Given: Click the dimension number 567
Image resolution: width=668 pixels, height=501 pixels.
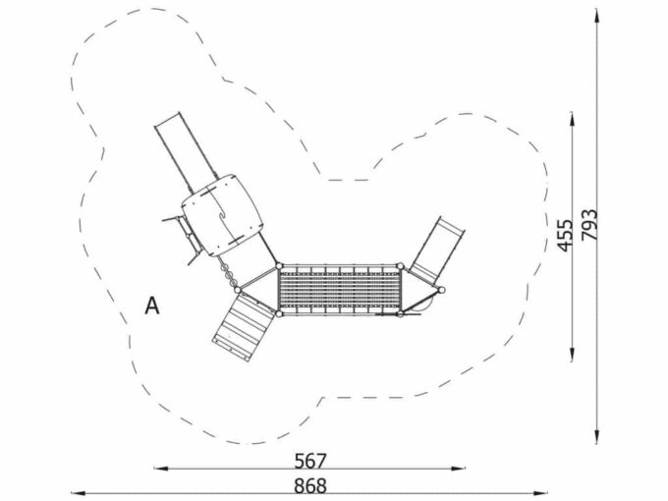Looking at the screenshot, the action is (x=310, y=461).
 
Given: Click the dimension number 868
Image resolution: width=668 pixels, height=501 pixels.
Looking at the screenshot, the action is (x=310, y=485).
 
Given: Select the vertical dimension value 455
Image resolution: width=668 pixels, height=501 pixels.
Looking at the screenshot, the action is (x=565, y=236).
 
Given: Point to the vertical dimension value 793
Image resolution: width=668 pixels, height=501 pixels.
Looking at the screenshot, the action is (x=590, y=225).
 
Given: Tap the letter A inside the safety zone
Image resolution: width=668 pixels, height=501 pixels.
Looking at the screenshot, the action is (x=152, y=306).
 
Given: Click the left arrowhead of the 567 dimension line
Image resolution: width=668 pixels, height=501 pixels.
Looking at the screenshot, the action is (x=160, y=469).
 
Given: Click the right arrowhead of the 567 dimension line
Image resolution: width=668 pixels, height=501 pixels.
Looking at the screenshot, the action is (x=459, y=469).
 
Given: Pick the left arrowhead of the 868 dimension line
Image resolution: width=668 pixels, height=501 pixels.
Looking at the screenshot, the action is (x=78, y=493).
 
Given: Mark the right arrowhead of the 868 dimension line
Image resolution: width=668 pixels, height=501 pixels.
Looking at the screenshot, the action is (x=540, y=493).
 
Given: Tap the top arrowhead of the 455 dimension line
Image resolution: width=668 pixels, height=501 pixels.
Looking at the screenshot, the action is (x=572, y=119).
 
